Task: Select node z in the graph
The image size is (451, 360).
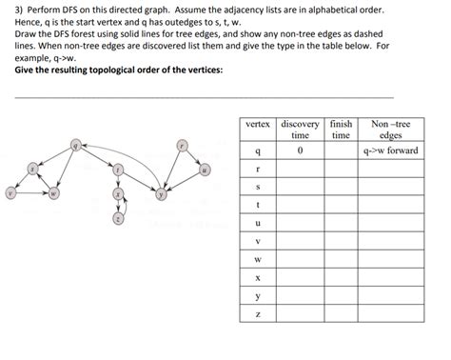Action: [118, 218]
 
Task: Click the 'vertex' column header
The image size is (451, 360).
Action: [259, 124]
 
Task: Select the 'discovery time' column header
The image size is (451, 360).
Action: [300, 130]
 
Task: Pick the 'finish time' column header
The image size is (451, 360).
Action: [340, 130]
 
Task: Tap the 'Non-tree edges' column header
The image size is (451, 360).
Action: [391, 130]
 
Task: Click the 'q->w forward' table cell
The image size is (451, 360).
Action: [391, 150]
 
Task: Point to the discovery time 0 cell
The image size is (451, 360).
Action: [300, 150]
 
